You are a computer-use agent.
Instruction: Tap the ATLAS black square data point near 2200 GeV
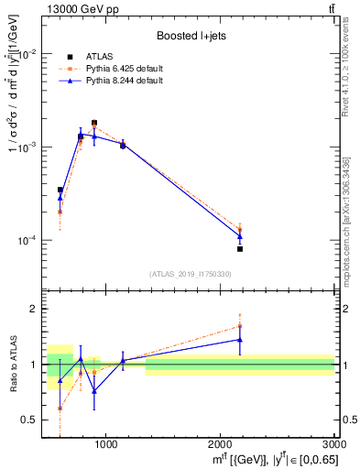pyautogui.click(x=240, y=248)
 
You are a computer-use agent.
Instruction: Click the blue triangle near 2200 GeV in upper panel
pyautogui.click(x=240, y=236)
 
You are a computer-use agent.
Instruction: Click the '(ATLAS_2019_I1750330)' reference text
pyautogui.click(x=189, y=274)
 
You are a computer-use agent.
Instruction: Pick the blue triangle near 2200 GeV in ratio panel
pyautogui.click(x=240, y=340)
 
